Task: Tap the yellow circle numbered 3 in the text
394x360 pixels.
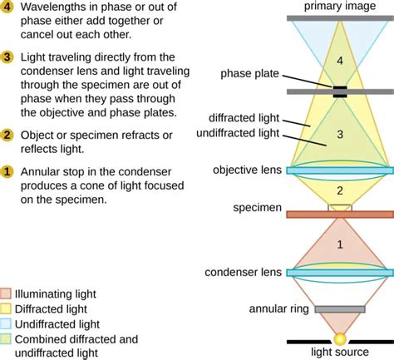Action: [x=7, y=57]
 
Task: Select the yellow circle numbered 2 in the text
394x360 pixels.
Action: [x=7, y=135]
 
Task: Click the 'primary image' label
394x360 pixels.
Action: [x=340, y=7]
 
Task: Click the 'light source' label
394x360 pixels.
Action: [x=340, y=353]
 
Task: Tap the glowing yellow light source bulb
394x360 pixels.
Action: [x=339, y=338]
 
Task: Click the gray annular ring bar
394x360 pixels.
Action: [x=339, y=309]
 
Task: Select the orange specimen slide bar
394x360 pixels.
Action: [x=339, y=215]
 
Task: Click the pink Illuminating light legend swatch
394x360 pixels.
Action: [x=7, y=293]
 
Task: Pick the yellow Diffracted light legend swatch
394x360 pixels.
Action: [x=7, y=308]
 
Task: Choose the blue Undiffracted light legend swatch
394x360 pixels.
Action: [x=7, y=323]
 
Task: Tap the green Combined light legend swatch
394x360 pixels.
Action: [x=7, y=338]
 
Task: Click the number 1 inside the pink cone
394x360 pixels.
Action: [x=339, y=244]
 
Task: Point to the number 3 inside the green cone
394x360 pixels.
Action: [x=339, y=133]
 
